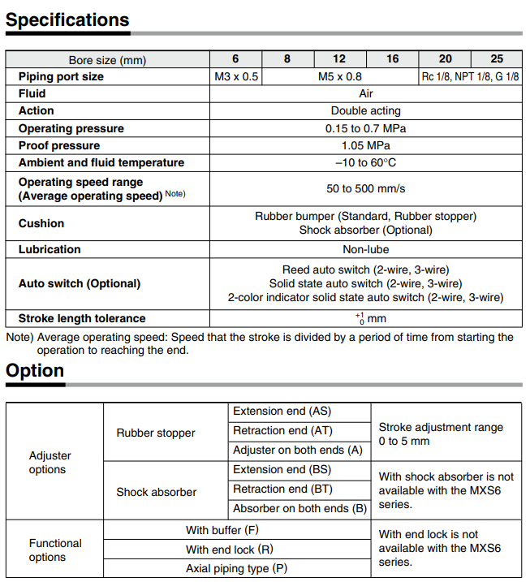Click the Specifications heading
[x=67, y=19]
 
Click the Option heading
[x=35, y=371]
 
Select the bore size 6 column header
[x=235, y=59]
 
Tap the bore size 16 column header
[x=392, y=59]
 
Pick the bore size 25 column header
[x=497, y=59]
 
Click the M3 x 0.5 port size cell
[x=235, y=76]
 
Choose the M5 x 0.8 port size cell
[x=340, y=76]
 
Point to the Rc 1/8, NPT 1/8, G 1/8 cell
[x=471, y=76]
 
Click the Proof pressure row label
[x=59, y=145]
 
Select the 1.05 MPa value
[x=366, y=145]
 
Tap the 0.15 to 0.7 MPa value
[x=366, y=128]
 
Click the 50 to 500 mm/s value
[x=366, y=189]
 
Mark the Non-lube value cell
[x=366, y=249]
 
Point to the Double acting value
[x=366, y=110]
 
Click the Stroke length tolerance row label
[x=82, y=318]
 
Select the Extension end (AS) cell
[x=282, y=412]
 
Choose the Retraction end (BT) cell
[x=282, y=489]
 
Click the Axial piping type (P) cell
[x=236, y=568]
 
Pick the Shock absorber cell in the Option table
[x=156, y=492]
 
